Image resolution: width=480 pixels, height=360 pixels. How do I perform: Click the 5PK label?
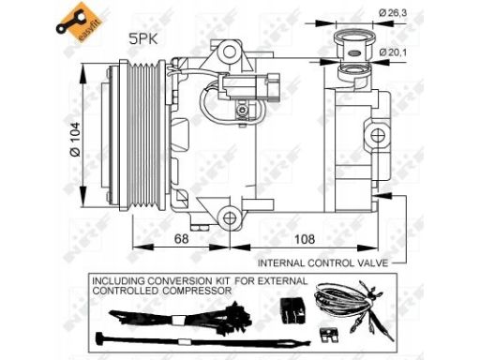tap(143, 39)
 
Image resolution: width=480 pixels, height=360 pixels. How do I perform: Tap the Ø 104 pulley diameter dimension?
tap(75, 139)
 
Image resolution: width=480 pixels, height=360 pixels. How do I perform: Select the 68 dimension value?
tap(182, 239)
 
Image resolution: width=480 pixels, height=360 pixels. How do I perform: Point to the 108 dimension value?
tap(305, 239)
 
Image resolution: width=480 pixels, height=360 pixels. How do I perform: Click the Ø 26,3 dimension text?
tap(393, 13)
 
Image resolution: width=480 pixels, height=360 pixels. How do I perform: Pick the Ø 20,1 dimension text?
tap(393, 52)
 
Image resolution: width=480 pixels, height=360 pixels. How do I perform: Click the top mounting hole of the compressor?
tap(230, 51)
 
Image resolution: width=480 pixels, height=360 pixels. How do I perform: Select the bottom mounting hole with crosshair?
tap(230, 217)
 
